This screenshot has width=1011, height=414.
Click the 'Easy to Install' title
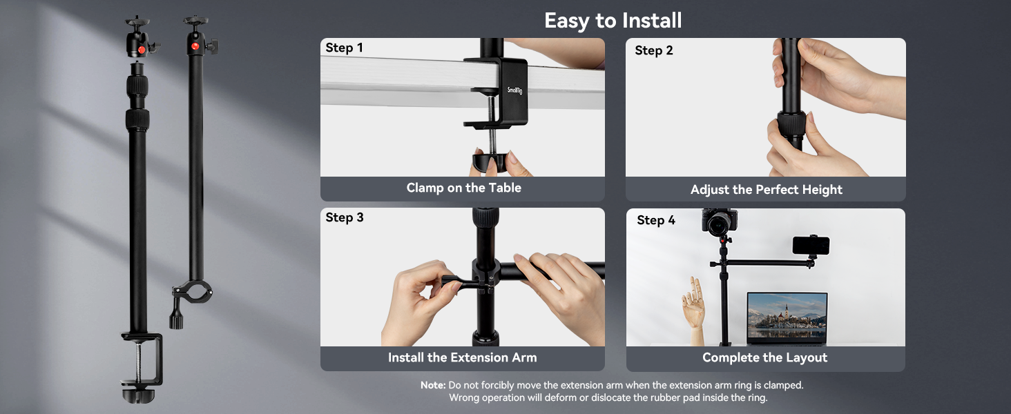(613, 21)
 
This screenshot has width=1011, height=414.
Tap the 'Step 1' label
(344, 48)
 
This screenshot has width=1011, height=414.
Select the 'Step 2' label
(653, 50)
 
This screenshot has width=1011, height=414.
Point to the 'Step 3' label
(345, 217)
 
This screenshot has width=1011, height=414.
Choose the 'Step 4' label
(656, 220)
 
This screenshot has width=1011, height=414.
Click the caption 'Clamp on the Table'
(463, 188)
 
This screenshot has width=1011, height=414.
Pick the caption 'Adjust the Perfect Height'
(766, 190)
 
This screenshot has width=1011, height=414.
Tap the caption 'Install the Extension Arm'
(462, 357)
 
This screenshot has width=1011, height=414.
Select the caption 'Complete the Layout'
(764, 357)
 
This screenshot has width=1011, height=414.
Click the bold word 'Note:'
(433, 385)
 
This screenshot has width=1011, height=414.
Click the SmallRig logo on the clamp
(514, 90)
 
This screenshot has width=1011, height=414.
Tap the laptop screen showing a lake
(787, 317)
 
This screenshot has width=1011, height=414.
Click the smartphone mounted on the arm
(811, 246)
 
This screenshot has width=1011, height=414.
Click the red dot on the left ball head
(142, 49)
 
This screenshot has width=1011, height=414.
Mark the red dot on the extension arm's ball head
(195, 46)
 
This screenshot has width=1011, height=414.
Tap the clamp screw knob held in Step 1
(489, 161)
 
